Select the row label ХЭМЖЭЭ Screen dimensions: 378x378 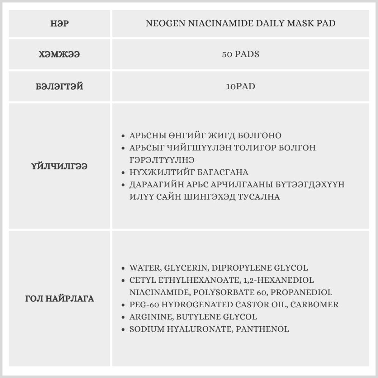59,54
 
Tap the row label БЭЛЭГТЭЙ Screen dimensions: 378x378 59,87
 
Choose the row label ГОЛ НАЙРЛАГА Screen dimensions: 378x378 59,299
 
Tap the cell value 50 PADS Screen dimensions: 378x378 240,54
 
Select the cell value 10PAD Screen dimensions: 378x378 240,87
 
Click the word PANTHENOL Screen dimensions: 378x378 262,329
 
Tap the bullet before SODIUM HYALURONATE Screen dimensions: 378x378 123,329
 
